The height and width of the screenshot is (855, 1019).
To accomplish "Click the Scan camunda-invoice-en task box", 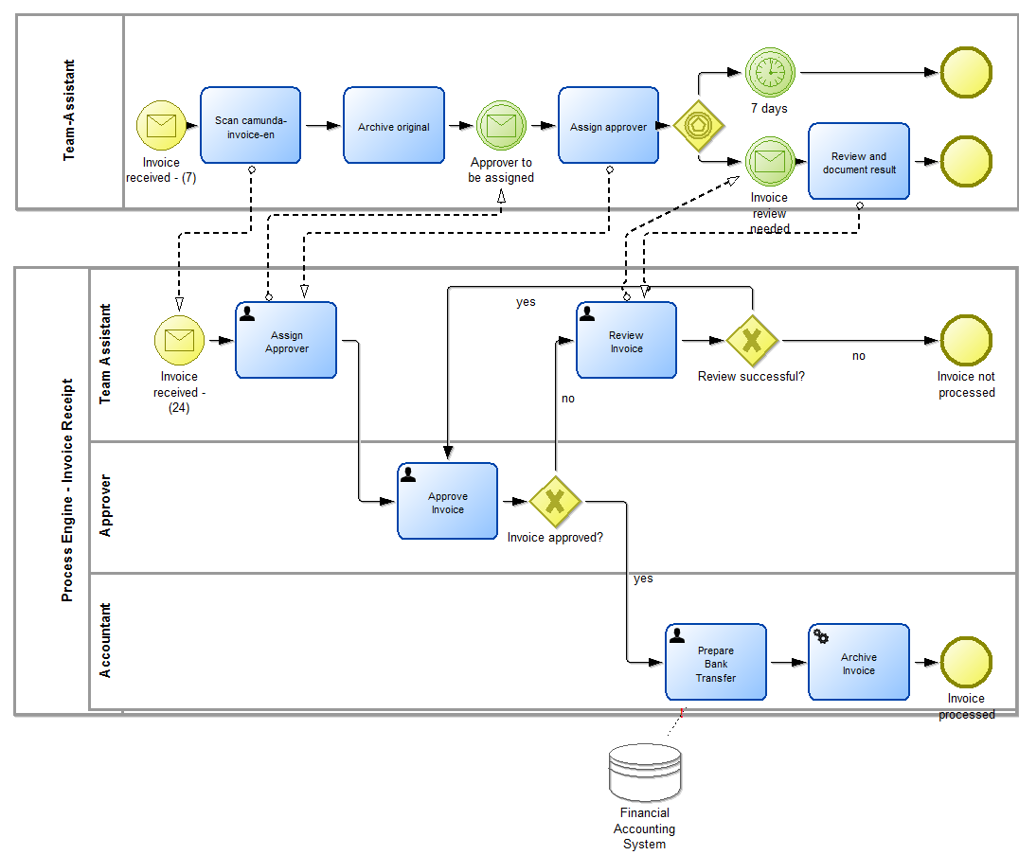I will click(x=250, y=125).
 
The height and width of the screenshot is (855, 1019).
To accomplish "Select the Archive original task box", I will click(x=394, y=125).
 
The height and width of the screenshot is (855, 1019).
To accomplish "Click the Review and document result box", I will click(x=859, y=161).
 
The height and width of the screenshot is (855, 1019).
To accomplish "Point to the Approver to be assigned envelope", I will click(x=500, y=125).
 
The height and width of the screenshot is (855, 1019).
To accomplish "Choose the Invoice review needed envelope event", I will click(x=770, y=161).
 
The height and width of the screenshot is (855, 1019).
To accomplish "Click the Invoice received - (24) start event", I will click(x=179, y=340).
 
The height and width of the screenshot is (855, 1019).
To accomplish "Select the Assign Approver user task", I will click(x=286, y=340).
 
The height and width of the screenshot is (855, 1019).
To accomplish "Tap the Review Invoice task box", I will click(x=626, y=340).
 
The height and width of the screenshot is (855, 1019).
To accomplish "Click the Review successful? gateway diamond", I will click(x=752, y=340).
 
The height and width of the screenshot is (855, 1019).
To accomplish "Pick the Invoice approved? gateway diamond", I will click(x=555, y=501).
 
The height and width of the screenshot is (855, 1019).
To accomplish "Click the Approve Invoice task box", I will click(x=448, y=501).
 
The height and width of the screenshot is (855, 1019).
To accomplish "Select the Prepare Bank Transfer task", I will click(x=716, y=662).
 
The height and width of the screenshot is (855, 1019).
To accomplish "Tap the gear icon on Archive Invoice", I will click(x=821, y=636).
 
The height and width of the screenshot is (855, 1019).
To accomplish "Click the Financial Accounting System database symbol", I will click(x=645, y=773).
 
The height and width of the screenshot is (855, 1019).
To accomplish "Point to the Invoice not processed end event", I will click(x=966, y=340).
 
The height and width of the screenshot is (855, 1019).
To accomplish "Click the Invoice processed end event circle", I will click(x=966, y=662).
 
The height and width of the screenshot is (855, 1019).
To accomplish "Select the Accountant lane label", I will click(x=105, y=640).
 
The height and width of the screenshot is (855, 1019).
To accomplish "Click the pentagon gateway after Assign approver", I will click(x=698, y=125).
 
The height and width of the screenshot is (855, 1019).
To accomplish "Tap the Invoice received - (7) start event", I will click(x=162, y=125).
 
